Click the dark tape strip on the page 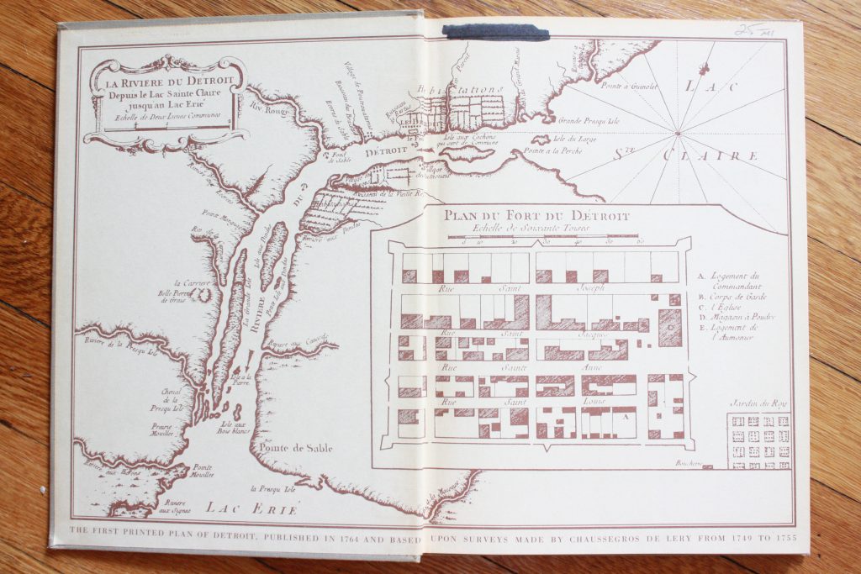(496, 32)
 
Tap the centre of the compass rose (678, 133)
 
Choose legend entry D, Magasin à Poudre (735, 317)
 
